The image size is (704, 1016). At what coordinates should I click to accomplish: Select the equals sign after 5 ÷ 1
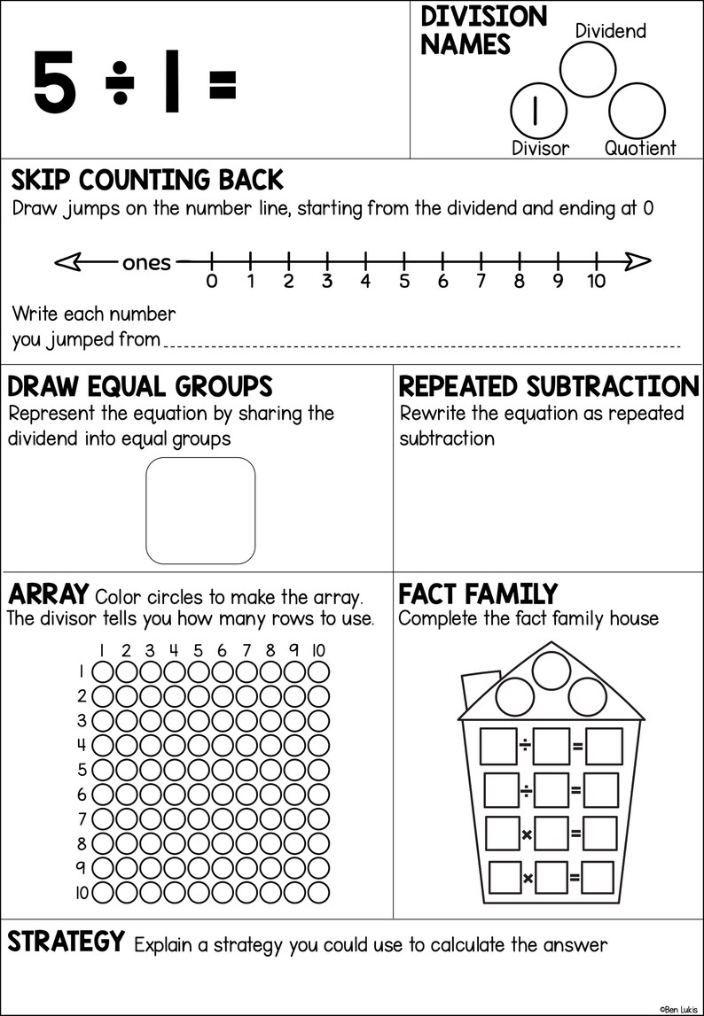click(222, 84)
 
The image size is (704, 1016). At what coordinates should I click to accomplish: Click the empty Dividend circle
click(587, 68)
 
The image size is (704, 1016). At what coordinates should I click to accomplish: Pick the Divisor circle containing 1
click(536, 110)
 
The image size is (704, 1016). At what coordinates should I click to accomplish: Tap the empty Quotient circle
click(637, 110)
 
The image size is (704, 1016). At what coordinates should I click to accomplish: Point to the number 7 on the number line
click(481, 282)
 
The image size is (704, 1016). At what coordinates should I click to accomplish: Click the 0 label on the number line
click(211, 282)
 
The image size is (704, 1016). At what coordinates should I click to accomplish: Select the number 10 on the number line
click(596, 282)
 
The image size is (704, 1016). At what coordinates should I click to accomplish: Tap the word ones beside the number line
click(146, 262)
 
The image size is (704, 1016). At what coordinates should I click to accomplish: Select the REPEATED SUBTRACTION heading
click(549, 387)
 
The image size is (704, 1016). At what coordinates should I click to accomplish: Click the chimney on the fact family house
click(476, 691)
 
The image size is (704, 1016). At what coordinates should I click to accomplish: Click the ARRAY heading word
click(48, 593)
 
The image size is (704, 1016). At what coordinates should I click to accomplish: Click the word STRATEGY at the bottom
click(66, 942)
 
